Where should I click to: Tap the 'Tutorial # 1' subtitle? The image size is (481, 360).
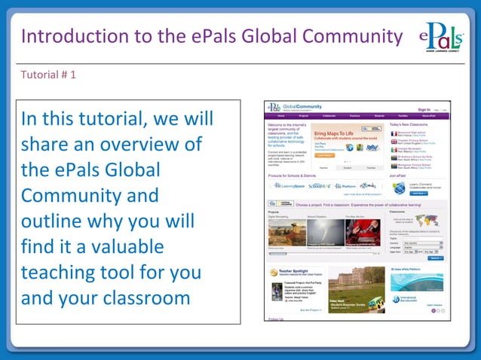(47, 75)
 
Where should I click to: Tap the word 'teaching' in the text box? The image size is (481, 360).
(60, 272)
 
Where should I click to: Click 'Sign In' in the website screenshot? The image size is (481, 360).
(424, 109)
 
